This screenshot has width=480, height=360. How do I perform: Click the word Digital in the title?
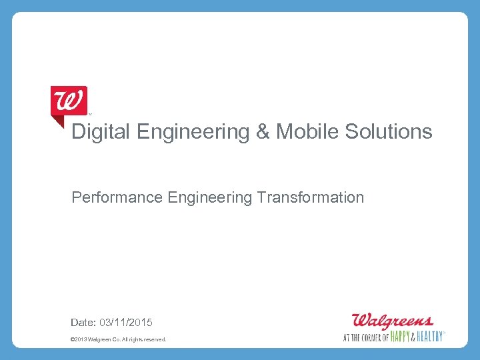click(101, 132)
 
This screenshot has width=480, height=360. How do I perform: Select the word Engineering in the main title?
click(193, 132)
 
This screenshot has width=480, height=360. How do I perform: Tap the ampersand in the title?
click(262, 132)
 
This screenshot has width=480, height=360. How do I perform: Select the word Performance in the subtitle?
click(117, 198)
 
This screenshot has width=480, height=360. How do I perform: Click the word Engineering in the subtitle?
click(210, 198)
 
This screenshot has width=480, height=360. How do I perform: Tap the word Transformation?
click(311, 198)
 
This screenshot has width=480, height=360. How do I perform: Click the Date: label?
click(83, 323)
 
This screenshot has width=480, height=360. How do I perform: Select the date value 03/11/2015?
click(126, 323)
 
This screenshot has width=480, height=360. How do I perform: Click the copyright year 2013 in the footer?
click(81, 340)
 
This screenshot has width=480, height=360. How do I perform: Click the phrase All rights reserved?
click(146, 340)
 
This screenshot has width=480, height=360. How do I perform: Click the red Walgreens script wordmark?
click(393, 320)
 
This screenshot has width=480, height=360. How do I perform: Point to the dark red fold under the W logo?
click(57, 122)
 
